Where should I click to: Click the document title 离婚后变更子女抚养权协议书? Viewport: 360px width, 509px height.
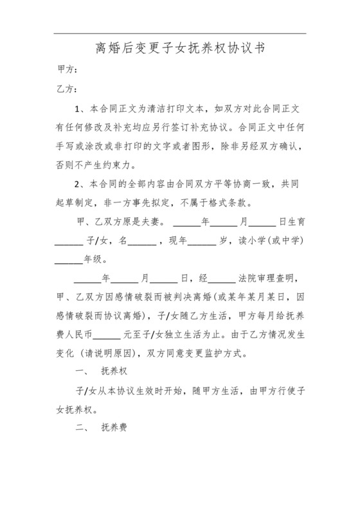[180, 48]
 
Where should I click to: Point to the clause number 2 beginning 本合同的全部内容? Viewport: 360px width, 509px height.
[77, 184]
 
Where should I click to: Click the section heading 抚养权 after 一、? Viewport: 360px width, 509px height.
[114, 373]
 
